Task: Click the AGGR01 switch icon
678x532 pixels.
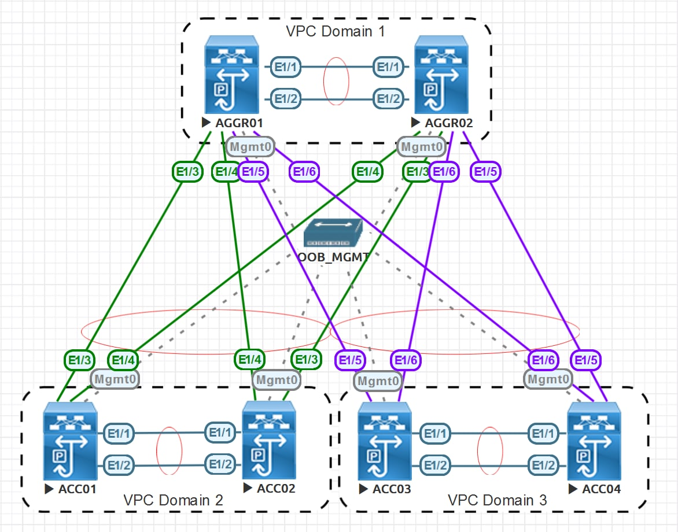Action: click(232, 75)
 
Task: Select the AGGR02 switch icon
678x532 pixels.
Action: click(441, 75)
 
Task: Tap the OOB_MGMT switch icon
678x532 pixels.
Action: click(333, 233)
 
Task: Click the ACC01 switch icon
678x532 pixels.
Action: click(70, 441)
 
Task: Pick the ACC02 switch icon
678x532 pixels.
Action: click(269, 440)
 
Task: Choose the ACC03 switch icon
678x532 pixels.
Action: click(385, 441)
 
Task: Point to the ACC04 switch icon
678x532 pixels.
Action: click(594, 441)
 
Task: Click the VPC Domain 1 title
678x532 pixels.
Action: click(336, 32)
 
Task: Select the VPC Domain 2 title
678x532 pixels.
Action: click(173, 500)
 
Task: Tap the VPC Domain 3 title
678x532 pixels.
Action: click(498, 500)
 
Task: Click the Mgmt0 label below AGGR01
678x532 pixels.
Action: click(250, 147)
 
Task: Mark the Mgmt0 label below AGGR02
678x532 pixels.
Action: click(422, 147)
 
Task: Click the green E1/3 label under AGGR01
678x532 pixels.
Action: click(187, 172)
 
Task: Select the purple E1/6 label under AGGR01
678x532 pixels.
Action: click(304, 172)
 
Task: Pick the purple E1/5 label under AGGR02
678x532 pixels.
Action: click(485, 172)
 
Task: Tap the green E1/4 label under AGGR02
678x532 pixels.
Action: click(367, 172)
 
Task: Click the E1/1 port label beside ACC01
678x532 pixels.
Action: click(119, 434)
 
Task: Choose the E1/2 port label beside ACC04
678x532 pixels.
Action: click(544, 465)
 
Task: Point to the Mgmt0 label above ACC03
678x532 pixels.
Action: click(378, 381)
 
